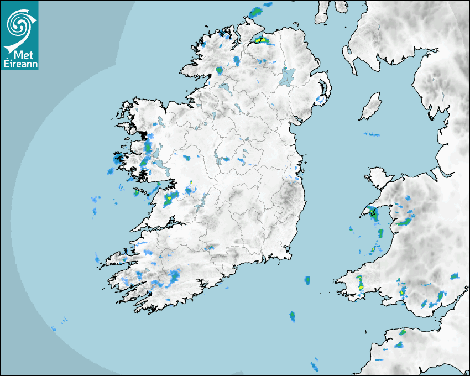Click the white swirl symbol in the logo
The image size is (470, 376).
click(19, 23)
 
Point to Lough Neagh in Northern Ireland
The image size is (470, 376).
click(288, 76)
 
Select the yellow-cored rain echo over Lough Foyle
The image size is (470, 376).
click(262, 40)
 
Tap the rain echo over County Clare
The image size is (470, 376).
click(171, 197)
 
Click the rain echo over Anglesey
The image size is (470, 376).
click(374, 213)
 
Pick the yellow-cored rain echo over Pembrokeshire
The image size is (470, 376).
click(359, 283)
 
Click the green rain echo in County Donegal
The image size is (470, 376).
click(219, 70)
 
